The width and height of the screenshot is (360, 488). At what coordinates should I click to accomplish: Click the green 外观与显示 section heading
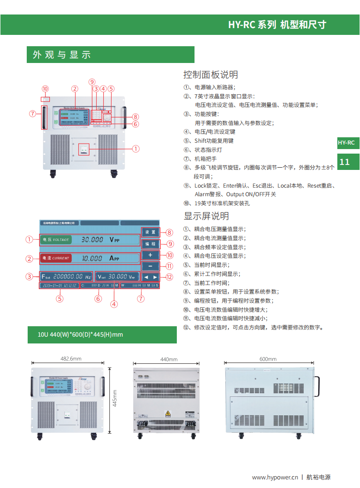tap(62, 55)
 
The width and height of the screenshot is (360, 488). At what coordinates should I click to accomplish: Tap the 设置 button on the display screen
tap(150, 232)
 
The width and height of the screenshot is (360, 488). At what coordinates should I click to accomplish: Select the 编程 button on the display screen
tap(150, 244)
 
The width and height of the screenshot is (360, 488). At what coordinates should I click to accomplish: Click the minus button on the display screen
tap(150, 266)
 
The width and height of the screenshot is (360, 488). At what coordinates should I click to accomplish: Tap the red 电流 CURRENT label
tap(56, 258)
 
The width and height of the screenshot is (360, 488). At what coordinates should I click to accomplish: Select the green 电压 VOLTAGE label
tap(56, 239)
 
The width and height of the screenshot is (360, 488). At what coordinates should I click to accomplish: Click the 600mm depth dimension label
tap(268, 359)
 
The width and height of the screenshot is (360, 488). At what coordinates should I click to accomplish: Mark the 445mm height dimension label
tap(115, 398)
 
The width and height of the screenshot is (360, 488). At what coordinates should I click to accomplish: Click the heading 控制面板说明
tap(210, 74)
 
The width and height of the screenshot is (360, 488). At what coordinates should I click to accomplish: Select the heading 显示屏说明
tap(206, 216)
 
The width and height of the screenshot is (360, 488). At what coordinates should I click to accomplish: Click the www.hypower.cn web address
tap(275, 477)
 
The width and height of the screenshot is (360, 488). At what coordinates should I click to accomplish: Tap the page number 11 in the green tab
tap(345, 162)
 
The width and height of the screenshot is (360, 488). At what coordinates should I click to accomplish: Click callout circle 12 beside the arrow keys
tap(169, 277)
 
